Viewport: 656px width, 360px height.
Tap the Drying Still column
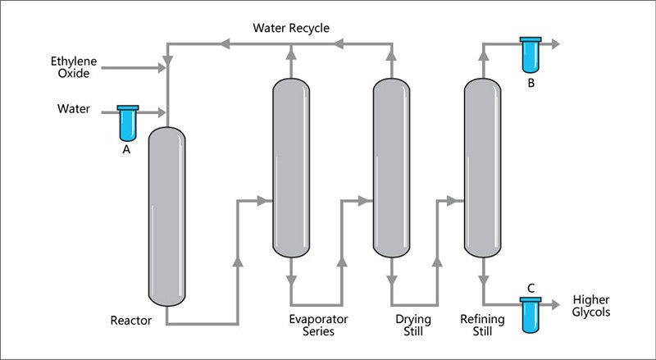click(391, 168)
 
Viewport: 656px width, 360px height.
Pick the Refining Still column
click(482, 168)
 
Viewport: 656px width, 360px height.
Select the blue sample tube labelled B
click(531, 54)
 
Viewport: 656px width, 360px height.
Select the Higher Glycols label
click(591, 306)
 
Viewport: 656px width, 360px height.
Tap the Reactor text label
click(130, 320)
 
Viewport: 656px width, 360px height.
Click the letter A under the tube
click(126, 149)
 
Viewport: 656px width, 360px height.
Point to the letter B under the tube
click(531, 82)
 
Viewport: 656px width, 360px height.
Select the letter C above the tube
click(531, 288)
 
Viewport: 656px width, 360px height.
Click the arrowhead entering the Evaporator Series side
click(265, 199)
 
